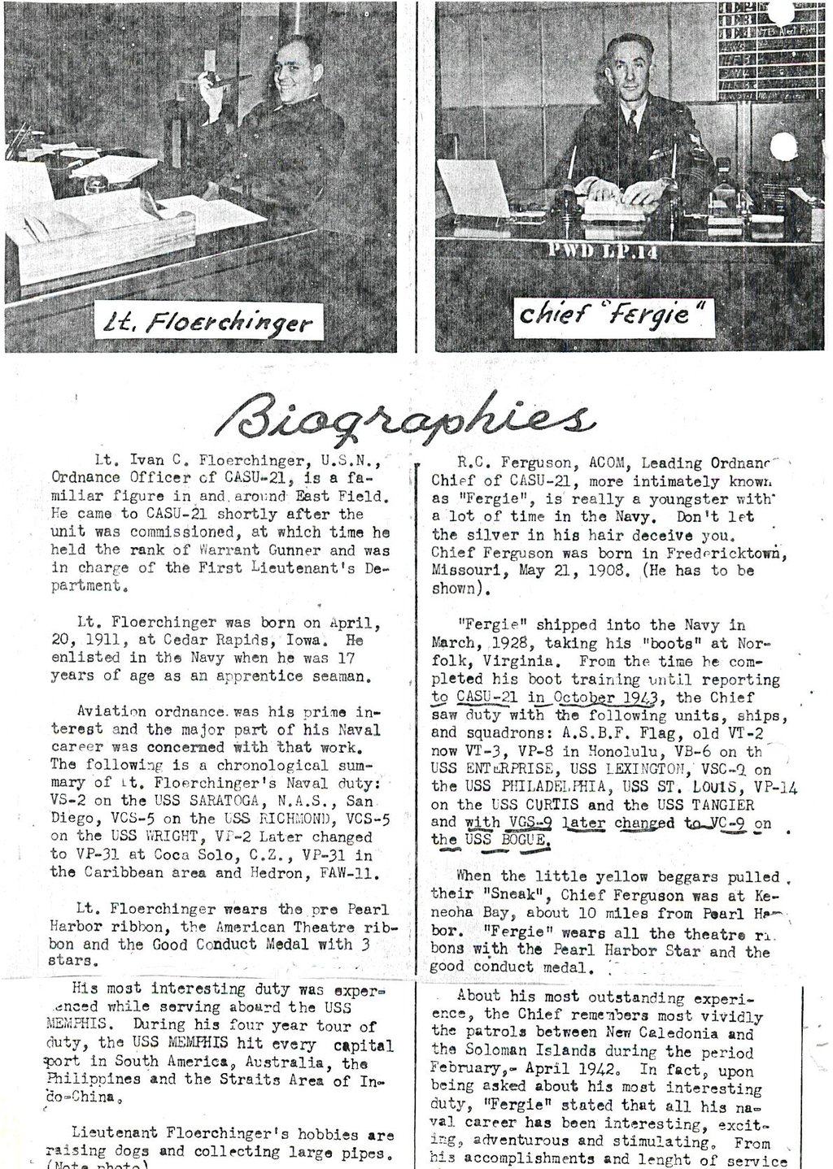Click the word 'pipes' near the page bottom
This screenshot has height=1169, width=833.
tap(360, 1153)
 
